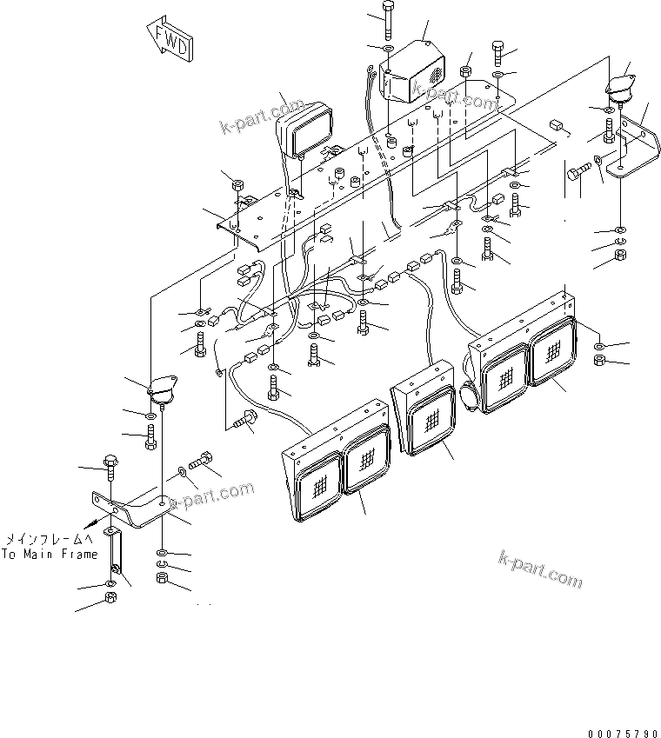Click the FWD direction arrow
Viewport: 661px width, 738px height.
(x=170, y=40)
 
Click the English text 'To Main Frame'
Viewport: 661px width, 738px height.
(x=49, y=554)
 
